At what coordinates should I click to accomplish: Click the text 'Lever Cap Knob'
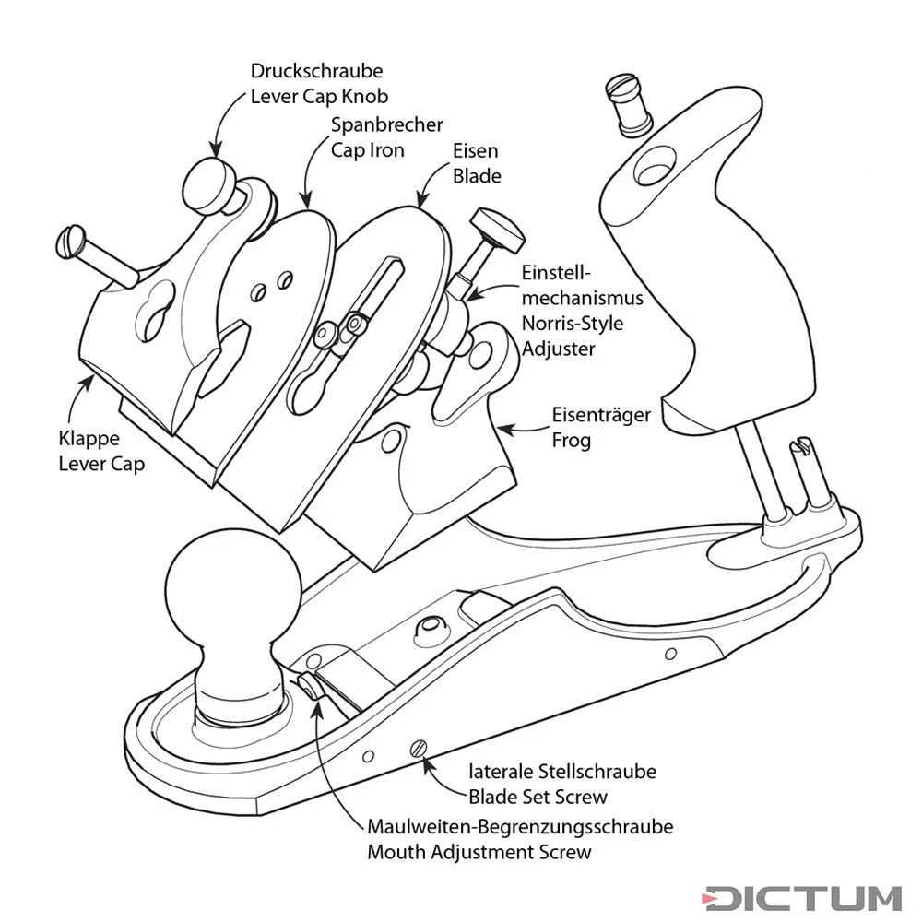pyautogui.click(x=319, y=95)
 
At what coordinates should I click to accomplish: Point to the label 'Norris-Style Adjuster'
pyautogui.click(x=572, y=337)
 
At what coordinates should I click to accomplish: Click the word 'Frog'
pyautogui.click(x=571, y=440)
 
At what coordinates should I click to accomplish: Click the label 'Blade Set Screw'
pyautogui.click(x=538, y=796)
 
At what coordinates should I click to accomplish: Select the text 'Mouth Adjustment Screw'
pyautogui.click(x=479, y=851)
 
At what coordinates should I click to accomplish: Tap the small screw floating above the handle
pyautogui.click(x=629, y=100)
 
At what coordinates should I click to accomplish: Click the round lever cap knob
pyautogui.click(x=210, y=184)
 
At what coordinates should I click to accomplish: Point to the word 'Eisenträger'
pyautogui.click(x=601, y=416)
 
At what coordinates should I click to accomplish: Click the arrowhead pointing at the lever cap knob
pyautogui.click(x=217, y=148)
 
